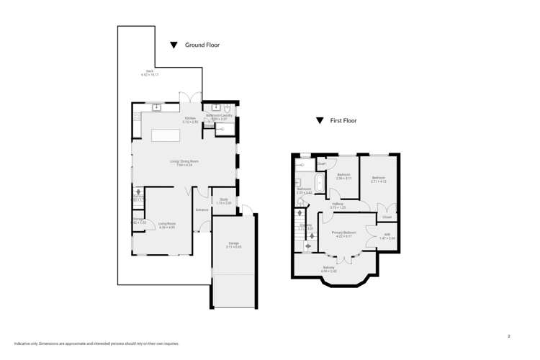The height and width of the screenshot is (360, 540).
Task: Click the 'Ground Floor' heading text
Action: click(x=202, y=45)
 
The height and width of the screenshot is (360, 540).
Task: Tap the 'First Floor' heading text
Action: click(x=343, y=121)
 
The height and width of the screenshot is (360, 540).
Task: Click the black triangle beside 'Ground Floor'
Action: click(x=174, y=45)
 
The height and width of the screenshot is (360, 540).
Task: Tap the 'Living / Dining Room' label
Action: click(x=184, y=161)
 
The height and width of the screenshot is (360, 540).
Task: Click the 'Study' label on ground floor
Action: click(x=224, y=201)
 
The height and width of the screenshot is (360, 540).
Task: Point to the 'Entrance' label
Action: click(x=202, y=210)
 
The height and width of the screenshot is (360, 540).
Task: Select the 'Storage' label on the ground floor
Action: click(x=138, y=220)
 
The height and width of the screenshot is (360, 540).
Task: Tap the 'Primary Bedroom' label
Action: click(x=343, y=233)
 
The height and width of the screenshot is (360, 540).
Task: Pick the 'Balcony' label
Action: click(x=328, y=268)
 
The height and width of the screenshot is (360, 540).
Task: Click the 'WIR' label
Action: click(x=387, y=235)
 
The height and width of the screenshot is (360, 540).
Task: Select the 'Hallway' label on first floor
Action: click(x=338, y=204)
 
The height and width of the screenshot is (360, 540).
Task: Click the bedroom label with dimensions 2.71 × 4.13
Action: click(x=379, y=179)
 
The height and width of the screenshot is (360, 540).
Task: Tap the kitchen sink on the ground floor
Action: click(x=156, y=108)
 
